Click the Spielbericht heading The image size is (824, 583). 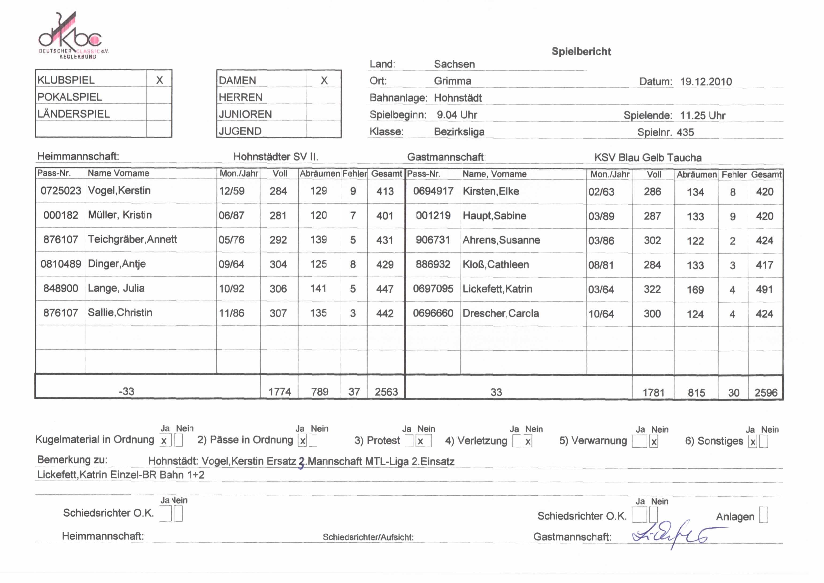581,51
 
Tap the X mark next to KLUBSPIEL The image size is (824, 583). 159,80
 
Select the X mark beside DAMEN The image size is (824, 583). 324,80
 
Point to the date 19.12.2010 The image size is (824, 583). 706,82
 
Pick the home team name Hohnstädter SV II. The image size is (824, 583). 276,157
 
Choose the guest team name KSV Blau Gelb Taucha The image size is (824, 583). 647,157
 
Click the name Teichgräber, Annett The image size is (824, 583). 132,239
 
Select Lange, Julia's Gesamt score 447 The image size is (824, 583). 385,289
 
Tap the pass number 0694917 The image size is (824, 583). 433,191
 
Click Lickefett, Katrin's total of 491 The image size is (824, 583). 764,290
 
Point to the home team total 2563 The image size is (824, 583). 386,391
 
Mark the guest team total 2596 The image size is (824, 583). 766,393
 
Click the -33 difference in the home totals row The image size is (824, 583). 126,391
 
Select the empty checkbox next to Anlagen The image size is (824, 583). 763,515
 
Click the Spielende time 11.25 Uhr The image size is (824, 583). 702,115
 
